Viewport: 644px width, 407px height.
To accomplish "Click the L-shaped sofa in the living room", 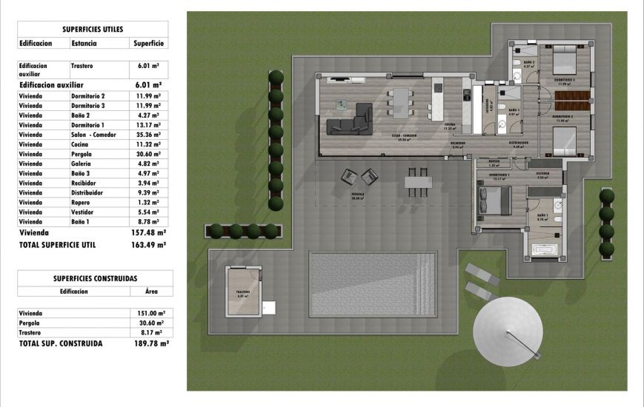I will pyautogui.click(x=350, y=121).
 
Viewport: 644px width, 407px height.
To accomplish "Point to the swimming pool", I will pyautogui.click(x=372, y=284).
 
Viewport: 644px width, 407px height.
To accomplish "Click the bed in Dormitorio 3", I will pyautogui.click(x=563, y=58).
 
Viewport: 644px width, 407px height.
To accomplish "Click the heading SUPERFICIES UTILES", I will pyautogui.click(x=93, y=30).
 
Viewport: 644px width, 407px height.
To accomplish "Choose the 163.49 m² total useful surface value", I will pyautogui.click(x=146, y=243).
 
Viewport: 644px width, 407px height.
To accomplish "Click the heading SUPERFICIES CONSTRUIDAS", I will pyautogui.click(x=95, y=278).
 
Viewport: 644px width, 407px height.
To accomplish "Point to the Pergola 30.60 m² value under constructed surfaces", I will pyautogui.click(x=151, y=323).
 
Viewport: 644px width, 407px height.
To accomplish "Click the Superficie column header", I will pyautogui.click(x=148, y=44).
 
